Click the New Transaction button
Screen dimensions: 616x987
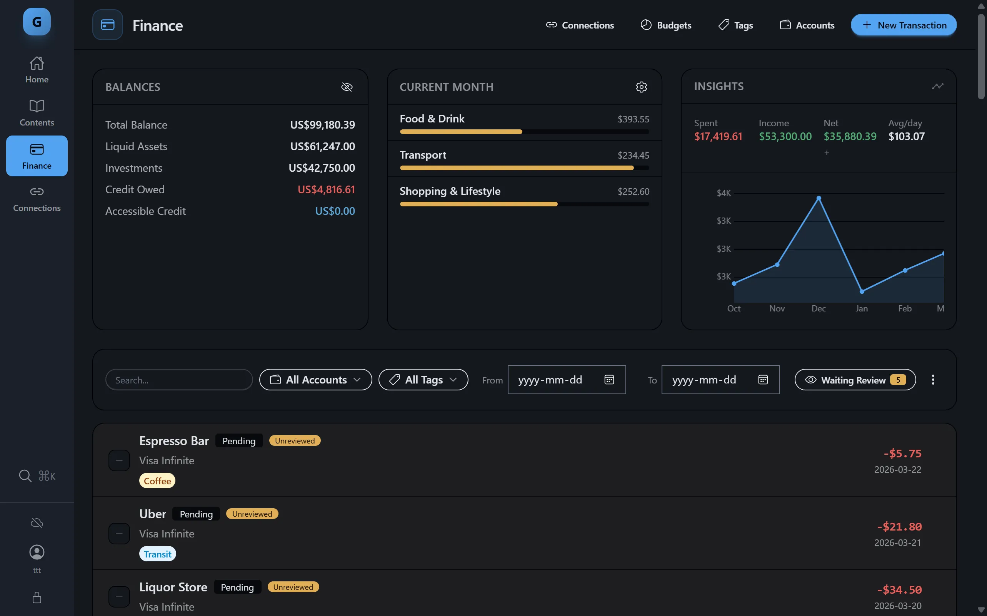[903, 25]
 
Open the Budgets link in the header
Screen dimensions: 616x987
[666, 25]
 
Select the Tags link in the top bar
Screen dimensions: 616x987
[735, 25]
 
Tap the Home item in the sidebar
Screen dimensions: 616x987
[37, 70]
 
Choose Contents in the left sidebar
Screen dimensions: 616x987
[37, 113]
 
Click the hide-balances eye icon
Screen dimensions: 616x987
[346, 87]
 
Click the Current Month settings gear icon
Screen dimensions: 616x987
[641, 87]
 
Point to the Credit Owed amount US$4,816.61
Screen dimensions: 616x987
[326, 189]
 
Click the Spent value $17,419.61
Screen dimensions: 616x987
[718, 136]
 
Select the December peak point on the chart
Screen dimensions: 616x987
[819, 198]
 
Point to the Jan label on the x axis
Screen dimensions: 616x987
[861, 308]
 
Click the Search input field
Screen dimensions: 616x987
[179, 380]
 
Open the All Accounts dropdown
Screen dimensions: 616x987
[315, 380]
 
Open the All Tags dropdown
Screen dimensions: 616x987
[423, 380]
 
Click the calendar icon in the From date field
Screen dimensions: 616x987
[609, 380]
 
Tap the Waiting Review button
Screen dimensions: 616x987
[855, 380]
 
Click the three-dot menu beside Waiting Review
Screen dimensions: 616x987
[933, 380]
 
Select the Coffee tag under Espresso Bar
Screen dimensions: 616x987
[157, 481]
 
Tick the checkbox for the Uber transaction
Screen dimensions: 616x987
[119, 533]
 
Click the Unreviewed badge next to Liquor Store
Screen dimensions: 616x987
[293, 587]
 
